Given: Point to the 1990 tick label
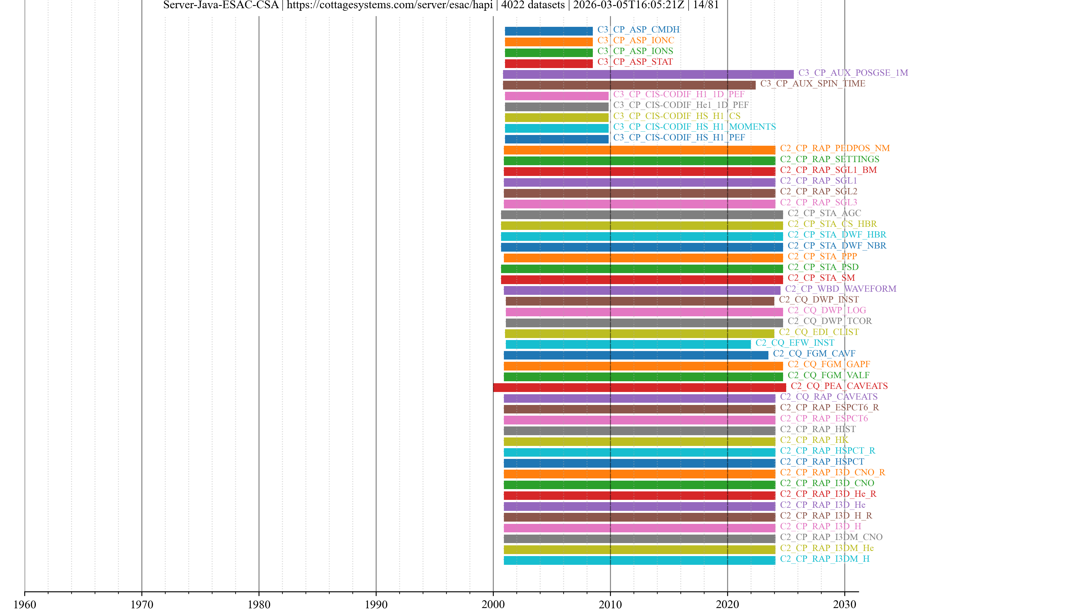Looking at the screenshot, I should tap(376, 604).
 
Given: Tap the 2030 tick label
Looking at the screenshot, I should tap(844, 604).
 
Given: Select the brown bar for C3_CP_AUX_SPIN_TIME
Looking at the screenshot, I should tap(629, 85).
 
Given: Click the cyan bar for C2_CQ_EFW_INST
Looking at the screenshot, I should tap(628, 344).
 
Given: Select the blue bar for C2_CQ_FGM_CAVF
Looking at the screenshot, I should tap(636, 355).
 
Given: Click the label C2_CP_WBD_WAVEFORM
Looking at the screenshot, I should tap(840, 289).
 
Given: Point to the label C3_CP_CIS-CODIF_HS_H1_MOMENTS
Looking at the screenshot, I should tap(694, 127).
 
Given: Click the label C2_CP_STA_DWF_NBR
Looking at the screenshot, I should tap(836, 245).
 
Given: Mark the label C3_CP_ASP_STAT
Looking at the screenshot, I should tap(635, 62).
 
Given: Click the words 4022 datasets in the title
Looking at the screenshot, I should tap(533, 5).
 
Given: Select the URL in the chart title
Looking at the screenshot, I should tap(390, 5).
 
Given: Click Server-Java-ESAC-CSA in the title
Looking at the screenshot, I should tap(221, 5).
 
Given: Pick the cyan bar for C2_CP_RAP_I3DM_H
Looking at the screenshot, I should tap(639, 560).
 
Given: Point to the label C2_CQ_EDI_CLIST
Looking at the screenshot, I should tap(818, 332).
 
